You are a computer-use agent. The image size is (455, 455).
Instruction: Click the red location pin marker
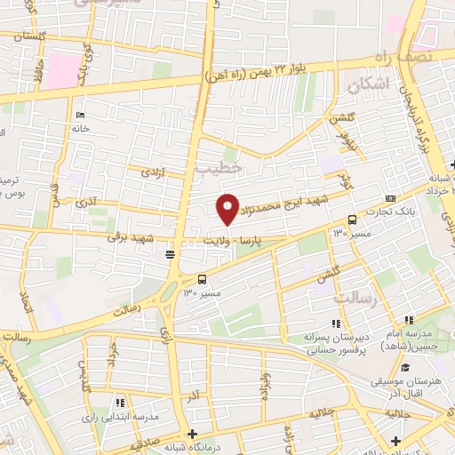(x=227, y=208)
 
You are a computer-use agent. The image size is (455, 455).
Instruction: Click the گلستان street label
(x=23, y=36)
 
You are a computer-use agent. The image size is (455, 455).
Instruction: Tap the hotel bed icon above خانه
(x=80, y=115)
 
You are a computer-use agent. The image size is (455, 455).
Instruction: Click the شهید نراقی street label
(x=130, y=237)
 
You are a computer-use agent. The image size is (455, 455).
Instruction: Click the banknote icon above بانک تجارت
(x=391, y=198)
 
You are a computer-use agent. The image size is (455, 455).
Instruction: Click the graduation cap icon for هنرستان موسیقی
(x=405, y=368)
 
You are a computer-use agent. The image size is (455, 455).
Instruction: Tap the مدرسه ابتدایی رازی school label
(x=121, y=417)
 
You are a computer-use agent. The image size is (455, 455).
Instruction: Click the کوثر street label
(x=346, y=184)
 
